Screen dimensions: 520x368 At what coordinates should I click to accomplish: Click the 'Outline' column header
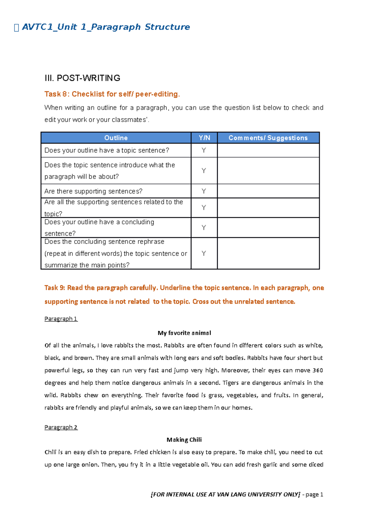[116, 138]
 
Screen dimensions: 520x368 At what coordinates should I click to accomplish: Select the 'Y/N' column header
[204, 138]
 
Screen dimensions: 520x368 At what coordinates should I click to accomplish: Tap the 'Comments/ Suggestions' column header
[268, 138]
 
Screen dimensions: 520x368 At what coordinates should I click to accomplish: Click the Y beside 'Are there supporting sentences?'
[204, 191]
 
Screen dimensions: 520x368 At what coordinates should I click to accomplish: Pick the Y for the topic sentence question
[204, 150]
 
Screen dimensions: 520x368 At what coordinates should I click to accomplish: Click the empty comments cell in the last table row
[268, 253]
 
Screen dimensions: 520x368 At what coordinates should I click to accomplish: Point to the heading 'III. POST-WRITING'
[82, 78]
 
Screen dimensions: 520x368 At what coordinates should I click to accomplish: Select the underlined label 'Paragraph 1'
[61, 319]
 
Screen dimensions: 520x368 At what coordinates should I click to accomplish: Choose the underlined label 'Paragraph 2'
[61, 427]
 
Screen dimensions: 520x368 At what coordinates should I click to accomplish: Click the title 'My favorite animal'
[184, 333]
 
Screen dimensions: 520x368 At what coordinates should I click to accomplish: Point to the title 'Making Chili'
[184, 440]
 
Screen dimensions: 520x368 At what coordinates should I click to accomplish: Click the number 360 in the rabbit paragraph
[318, 370]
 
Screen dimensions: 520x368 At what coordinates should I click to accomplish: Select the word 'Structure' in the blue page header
[167, 27]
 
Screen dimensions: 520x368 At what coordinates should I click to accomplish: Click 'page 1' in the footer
[314, 495]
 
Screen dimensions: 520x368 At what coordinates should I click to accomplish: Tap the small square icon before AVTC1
[17, 28]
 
